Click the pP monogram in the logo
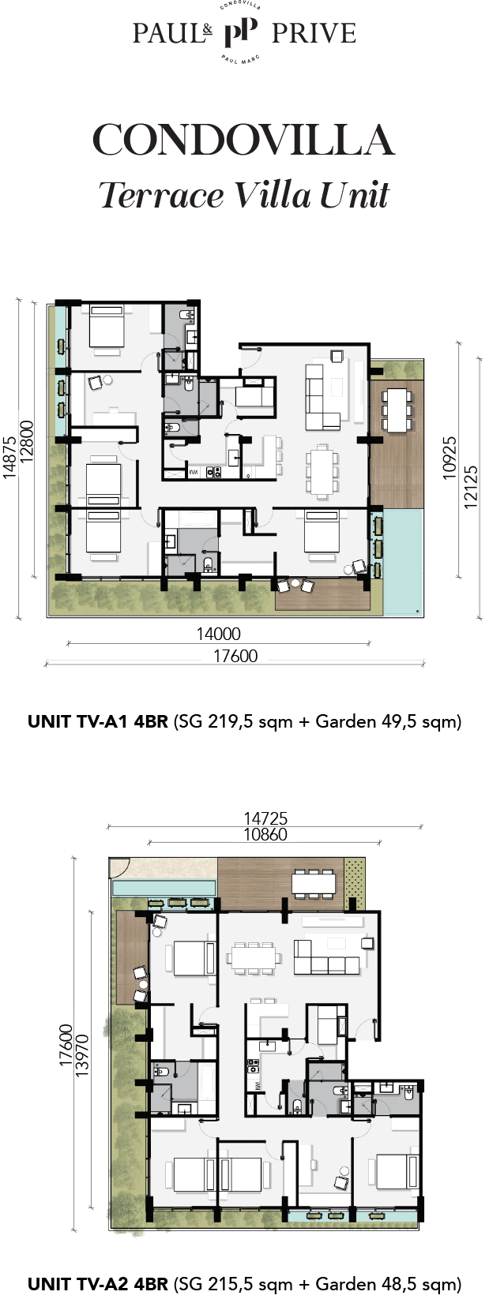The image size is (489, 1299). click(x=241, y=34)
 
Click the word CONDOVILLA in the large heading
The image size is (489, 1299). click(x=244, y=140)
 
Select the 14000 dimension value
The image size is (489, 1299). click(x=218, y=634)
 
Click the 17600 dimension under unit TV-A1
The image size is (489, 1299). click(x=235, y=656)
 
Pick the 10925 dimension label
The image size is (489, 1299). click(x=450, y=458)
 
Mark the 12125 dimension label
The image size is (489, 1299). click(x=470, y=487)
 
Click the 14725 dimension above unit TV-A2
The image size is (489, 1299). click(x=265, y=818)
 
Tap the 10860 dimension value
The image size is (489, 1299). click(x=265, y=834)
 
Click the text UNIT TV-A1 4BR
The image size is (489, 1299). click(x=98, y=721)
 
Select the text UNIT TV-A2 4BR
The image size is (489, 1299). click(x=98, y=1283)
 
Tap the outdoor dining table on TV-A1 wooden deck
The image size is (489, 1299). click(x=398, y=410)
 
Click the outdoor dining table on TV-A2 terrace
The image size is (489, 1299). click(x=313, y=882)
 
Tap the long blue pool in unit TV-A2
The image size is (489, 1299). click(x=164, y=888)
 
